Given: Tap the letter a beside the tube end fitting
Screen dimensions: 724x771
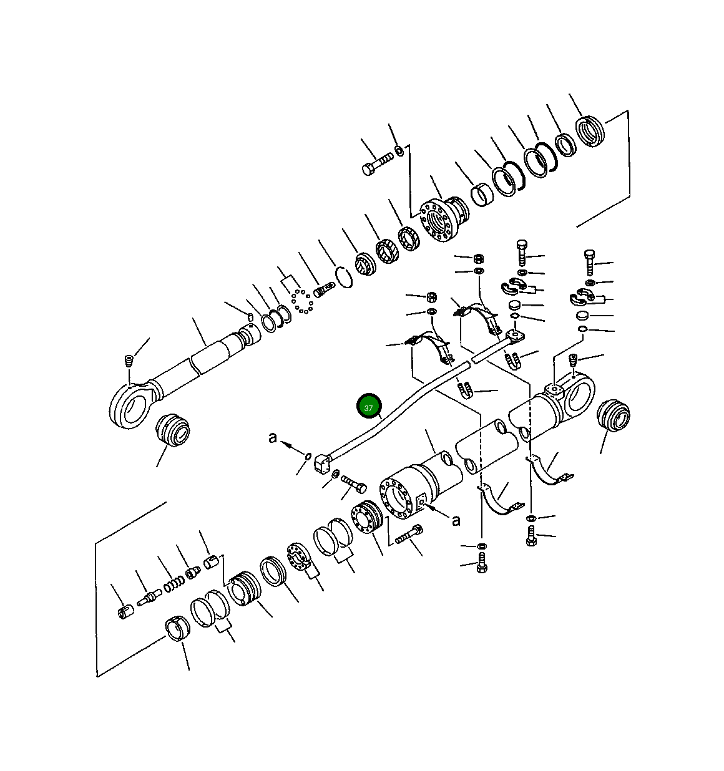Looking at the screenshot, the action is pos(273,438).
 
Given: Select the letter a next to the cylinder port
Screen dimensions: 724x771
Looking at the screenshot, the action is pos(456,521).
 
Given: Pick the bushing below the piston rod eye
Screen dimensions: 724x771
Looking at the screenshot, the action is pos(172,429).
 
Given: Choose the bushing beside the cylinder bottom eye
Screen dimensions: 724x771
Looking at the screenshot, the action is pos(614,415).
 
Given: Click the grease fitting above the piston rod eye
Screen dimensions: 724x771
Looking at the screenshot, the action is pos(129,361).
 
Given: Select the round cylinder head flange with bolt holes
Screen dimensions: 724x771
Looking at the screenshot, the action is pos(435,220).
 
